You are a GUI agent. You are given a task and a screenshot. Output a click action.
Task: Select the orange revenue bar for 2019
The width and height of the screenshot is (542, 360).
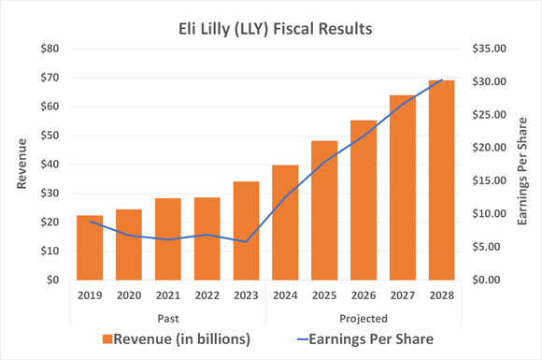pyautogui.click(x=90, y=248)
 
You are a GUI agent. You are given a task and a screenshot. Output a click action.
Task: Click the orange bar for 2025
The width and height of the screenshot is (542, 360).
pyautogui.click(x=324, y=210)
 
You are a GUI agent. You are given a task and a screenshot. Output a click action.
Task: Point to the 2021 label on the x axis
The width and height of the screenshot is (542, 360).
pyautogui.click(x=168, y=295)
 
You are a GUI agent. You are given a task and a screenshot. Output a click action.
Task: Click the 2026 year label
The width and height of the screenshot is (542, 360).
pyautogui.click(x=364, y=295)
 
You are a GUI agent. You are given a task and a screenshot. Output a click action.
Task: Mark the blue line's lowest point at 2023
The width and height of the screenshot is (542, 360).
pyautogui.click(x=246, y=241)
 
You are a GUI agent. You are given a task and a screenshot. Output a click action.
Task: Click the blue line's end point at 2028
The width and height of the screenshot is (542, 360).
pyautogui.click(x=441, y=80)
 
